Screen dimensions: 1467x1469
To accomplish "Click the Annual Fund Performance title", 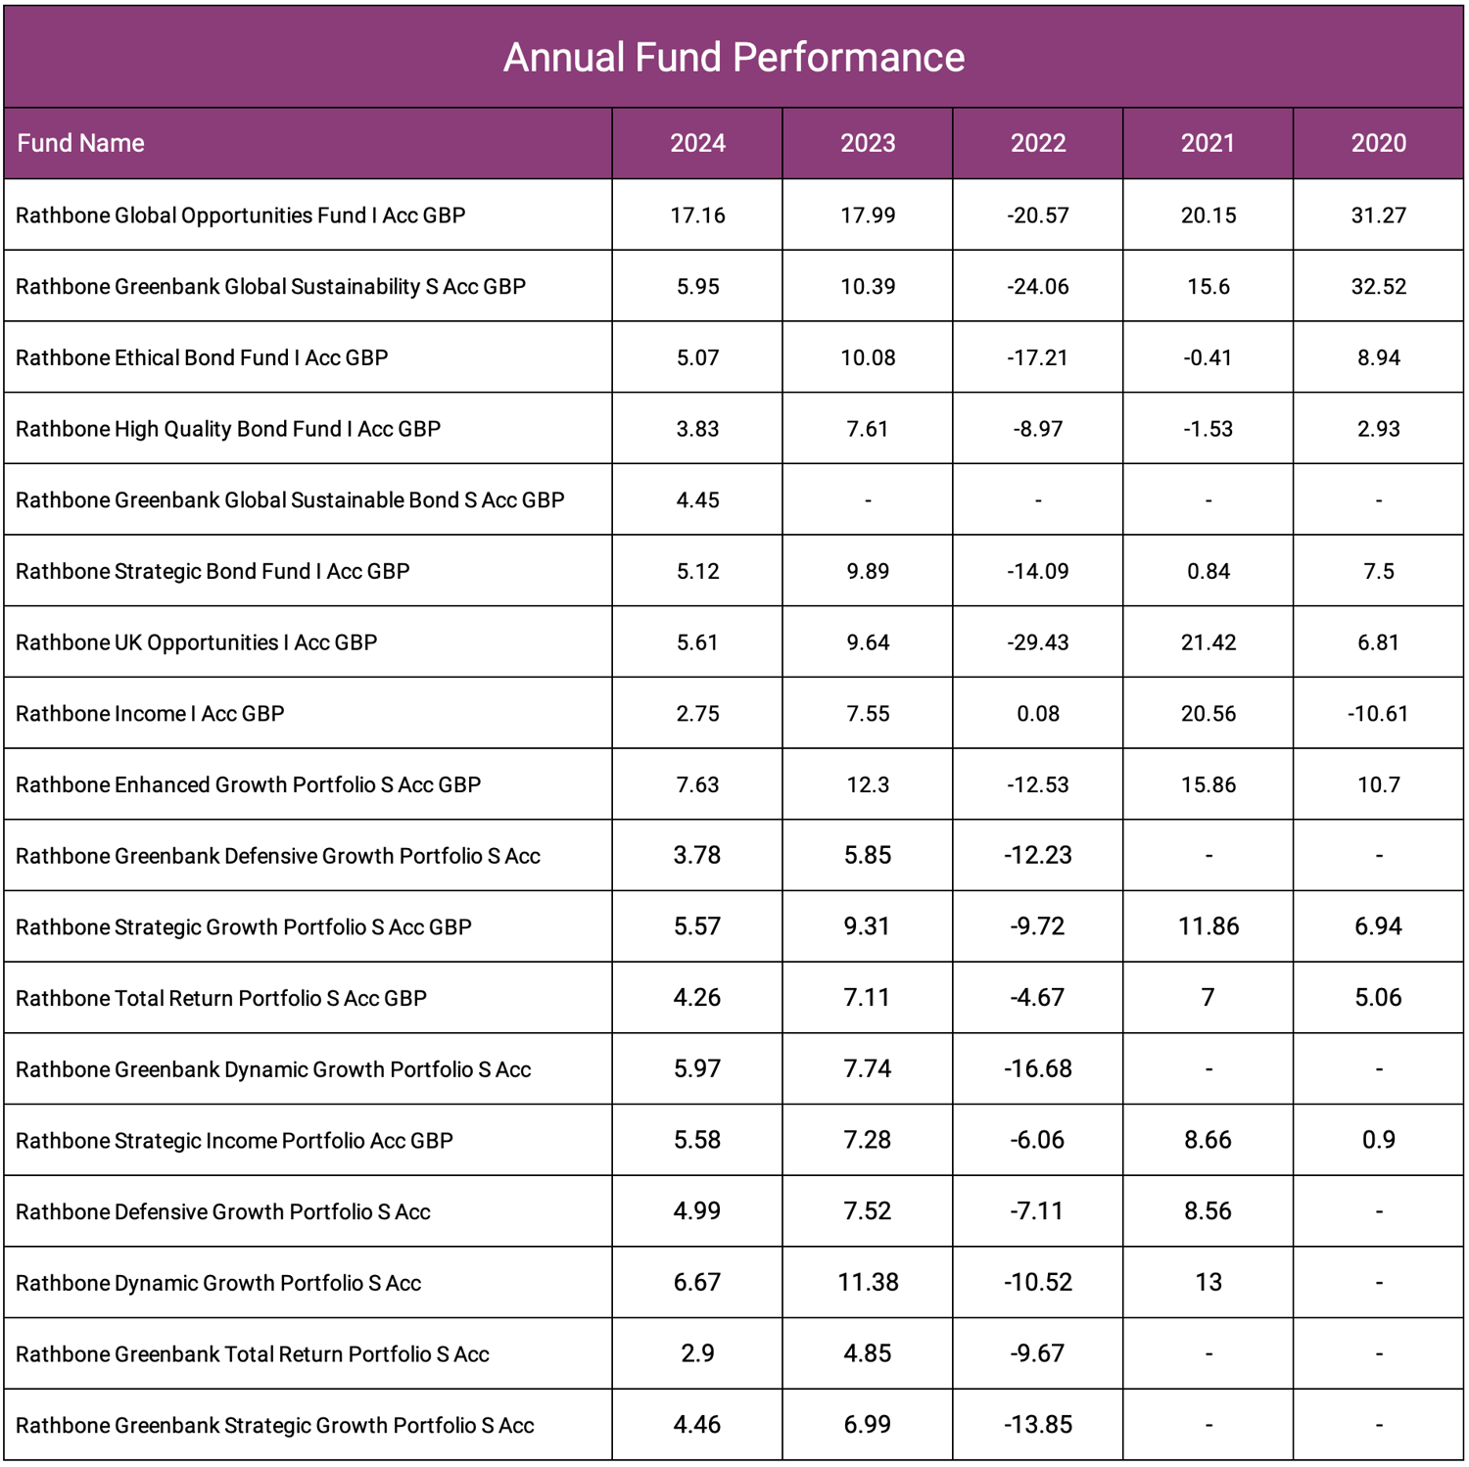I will coord(734,58).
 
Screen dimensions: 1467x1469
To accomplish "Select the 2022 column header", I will coord(1038,143).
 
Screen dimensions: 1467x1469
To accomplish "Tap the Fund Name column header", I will coord(81,143).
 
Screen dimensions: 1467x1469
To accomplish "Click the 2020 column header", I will coord(1378,143).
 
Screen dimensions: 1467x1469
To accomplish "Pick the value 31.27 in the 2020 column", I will coord(1378,215).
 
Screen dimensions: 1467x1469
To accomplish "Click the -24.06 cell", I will coord(1038,287).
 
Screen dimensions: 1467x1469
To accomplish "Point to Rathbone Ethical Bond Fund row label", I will coord(202,358).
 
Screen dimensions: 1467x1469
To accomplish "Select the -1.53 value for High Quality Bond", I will coord(1208,429).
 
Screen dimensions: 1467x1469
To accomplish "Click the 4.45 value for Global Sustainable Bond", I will coord(697,500).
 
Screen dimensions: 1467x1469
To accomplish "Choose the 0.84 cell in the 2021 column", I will coord(1208,572).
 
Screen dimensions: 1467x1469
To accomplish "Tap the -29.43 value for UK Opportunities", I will coord(1038,642).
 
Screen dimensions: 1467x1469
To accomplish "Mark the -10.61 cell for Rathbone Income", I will coord(1378,714).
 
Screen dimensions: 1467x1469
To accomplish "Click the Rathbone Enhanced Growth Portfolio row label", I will coord(248,785).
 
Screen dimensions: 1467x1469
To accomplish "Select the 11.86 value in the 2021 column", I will coord(1208,926).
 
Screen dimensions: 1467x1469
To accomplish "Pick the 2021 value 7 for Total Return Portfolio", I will coord(1208,998).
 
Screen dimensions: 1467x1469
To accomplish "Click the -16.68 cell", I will coord(1038,1068).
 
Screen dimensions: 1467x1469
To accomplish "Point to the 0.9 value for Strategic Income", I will coord(1378,1140).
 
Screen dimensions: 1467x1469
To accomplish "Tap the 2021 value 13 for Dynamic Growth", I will coord(1208,1283).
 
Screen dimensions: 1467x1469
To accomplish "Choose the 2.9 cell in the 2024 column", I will coord(697,1353).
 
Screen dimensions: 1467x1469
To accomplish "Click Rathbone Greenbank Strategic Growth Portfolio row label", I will coord(274,1426).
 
